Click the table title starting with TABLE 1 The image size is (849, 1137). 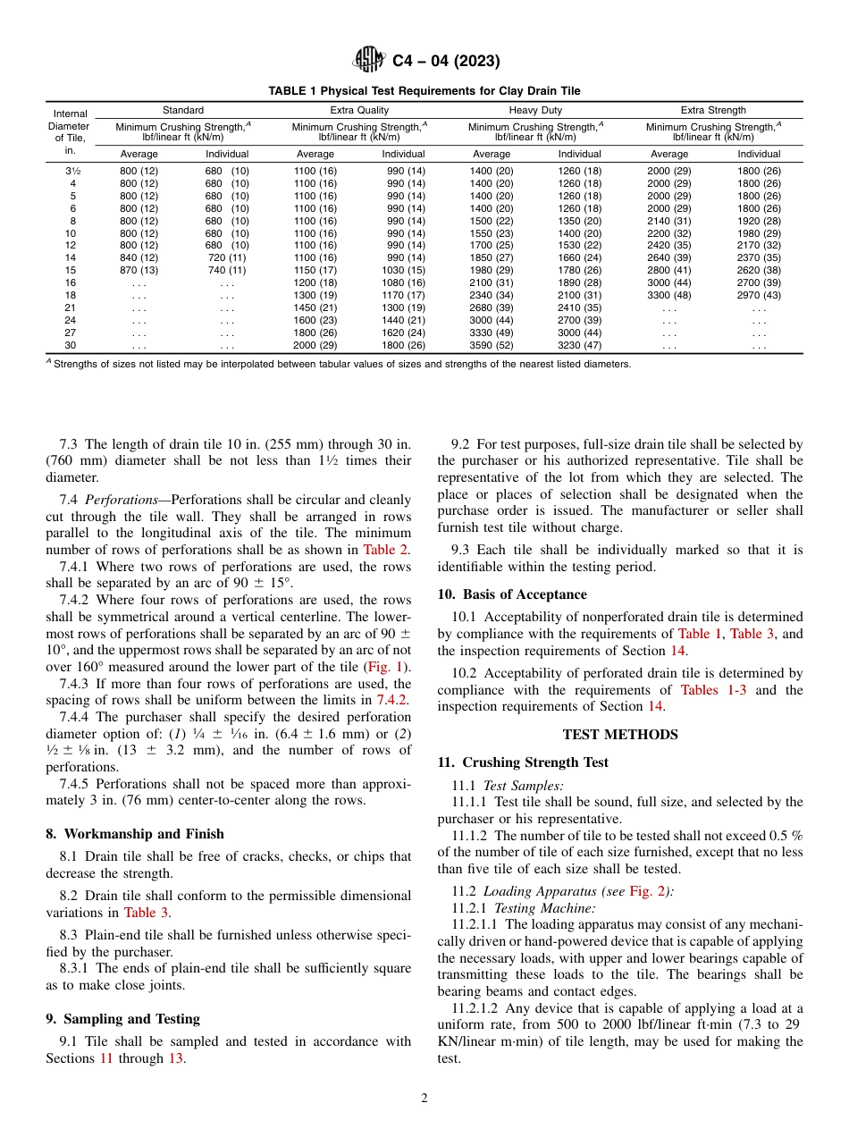coord(424,91)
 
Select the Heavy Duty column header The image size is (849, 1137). coord(535,110)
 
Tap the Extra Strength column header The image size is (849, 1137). coord(713,110)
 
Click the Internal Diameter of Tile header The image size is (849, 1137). coord(71,132)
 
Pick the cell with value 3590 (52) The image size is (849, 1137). coord(492,345)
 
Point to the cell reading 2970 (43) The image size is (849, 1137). coord(759,295)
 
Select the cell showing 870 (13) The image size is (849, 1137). coord(139,270)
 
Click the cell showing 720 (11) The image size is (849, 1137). coord(227,257)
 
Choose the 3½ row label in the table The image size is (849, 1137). coord(72,171)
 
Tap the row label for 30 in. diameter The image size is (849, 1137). coord(72,345)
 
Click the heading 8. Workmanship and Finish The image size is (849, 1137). coord(134,833)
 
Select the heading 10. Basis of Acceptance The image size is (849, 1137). coord(512,594)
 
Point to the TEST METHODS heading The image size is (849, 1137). coord(620,735)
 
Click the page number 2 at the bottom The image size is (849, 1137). coord(424,1099)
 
